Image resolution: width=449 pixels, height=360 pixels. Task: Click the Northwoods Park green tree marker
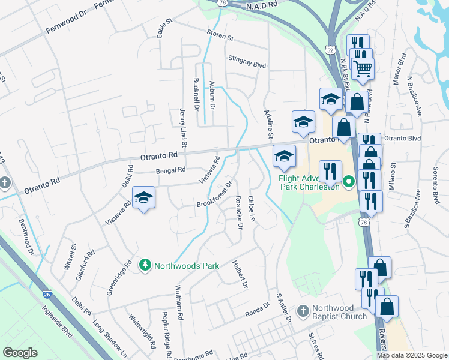(145, 265)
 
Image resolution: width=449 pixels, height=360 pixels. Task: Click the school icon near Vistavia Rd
(143, 197)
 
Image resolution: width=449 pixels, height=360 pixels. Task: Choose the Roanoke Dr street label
(239, 212)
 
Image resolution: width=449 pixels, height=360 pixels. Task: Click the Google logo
(20, 353)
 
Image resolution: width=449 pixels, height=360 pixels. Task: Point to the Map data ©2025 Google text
(412, 355)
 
